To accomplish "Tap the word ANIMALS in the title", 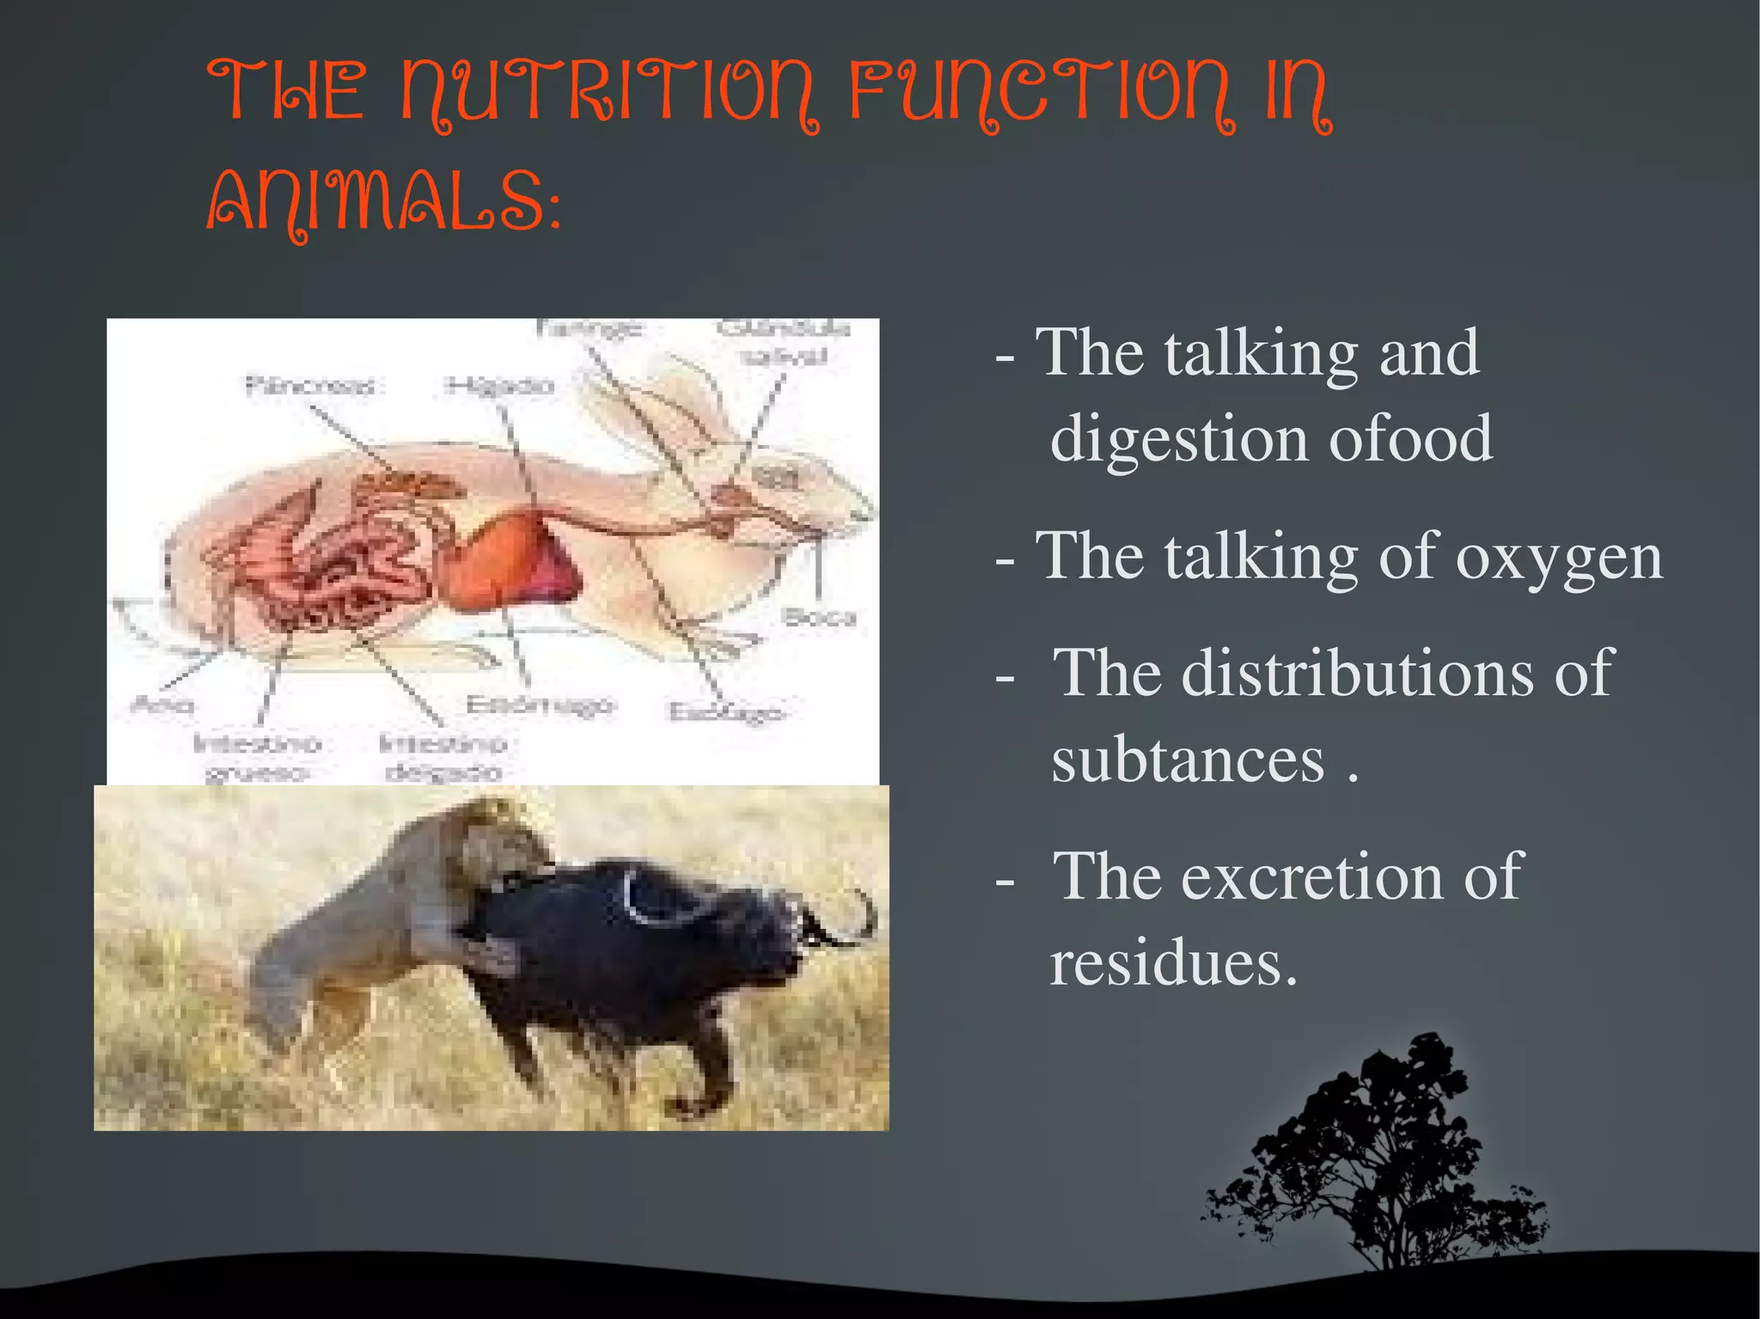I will tap(378, 203).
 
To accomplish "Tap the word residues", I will tap(1172, 962).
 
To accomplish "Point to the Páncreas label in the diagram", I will tap(310, 386).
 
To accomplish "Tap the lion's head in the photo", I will tap(507, 838).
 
